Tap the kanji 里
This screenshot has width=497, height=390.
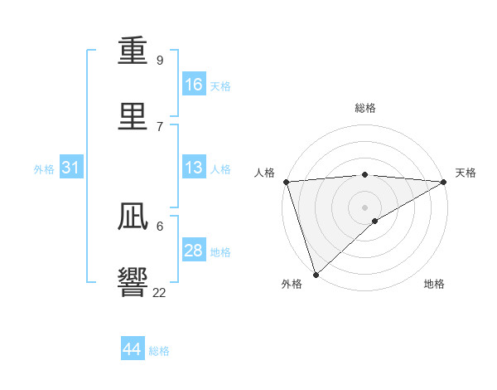click(133, 117)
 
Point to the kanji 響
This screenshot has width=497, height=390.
click(133, 282)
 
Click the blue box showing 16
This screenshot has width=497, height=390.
click(194, 84)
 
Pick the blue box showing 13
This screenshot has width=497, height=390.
click(194, 168)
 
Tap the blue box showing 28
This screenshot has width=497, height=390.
click(194, 251)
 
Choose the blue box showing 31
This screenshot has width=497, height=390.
click(71, 168)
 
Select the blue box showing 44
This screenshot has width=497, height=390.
click(133, 349)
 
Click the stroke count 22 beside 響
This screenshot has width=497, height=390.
click(160, 292)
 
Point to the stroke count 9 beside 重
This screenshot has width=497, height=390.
click(160, 61)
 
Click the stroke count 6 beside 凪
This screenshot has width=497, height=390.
click(160, 226)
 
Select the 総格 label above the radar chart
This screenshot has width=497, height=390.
click(365, 108)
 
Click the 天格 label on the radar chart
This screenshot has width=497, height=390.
click(466, 173)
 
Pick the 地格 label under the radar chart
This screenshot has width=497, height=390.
click(434, 284)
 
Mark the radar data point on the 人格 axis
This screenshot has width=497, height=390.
click(286, 182)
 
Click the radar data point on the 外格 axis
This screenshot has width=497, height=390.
click(316, 274)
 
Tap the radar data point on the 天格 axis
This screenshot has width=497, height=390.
click(444, 182)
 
